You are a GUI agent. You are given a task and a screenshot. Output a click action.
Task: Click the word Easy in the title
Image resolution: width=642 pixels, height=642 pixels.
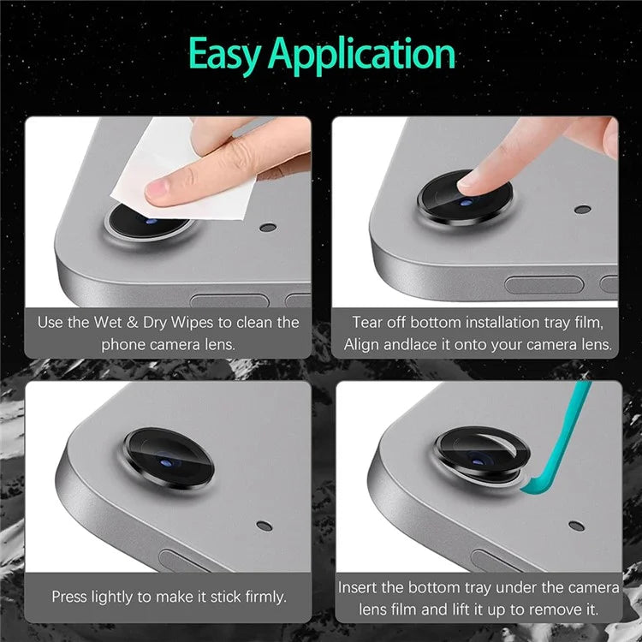224,55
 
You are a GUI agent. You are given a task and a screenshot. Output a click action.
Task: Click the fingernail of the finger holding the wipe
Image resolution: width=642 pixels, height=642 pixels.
157,189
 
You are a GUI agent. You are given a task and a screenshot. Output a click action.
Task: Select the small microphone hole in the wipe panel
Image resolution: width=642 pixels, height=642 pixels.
268,227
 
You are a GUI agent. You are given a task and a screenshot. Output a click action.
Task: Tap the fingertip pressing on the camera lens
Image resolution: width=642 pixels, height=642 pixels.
471,182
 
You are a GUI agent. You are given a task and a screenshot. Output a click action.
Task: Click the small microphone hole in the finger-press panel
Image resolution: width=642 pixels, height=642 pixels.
583,210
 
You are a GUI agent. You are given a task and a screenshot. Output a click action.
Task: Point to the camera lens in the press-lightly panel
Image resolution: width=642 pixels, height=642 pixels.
169,458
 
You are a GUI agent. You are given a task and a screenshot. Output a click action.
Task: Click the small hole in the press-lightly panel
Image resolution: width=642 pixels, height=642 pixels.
265,526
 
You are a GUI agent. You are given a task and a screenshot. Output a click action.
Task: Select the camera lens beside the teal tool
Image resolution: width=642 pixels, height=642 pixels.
481,455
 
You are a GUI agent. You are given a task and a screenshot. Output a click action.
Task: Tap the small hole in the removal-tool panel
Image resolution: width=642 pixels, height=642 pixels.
576,526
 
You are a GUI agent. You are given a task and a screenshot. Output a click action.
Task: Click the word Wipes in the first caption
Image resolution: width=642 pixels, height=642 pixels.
192,323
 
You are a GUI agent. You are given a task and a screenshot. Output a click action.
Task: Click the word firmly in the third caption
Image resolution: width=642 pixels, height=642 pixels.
265,597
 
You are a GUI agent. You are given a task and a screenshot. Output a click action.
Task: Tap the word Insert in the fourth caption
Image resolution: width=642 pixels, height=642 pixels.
357,587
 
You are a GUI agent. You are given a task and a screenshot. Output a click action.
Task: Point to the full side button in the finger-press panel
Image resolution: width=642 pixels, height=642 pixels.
544,284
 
